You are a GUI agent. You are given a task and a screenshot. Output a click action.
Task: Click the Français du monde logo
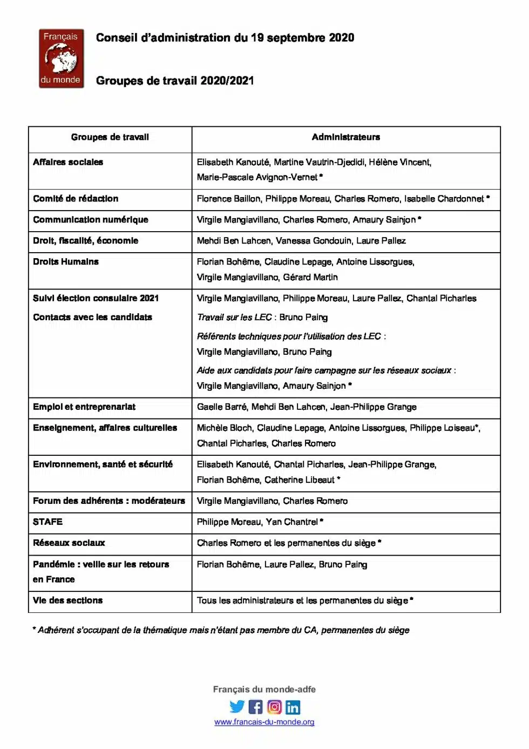pos(61,58)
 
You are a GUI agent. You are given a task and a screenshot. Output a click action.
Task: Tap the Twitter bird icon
pos(237,706)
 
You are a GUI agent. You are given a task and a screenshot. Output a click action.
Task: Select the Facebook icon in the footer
pos(256,706)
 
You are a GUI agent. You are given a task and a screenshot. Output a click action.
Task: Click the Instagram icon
pos(274,706)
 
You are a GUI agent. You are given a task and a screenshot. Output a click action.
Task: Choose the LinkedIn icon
pos(293,707)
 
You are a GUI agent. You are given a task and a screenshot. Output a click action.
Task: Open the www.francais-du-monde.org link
pos(264,722)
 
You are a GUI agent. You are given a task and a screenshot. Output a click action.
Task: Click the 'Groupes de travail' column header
pos(110,137)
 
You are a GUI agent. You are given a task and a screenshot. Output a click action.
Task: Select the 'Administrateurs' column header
pos(345,137)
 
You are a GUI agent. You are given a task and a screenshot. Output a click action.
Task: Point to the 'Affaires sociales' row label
pos(68,162)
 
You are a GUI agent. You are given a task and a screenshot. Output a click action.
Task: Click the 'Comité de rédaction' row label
pos(76,199)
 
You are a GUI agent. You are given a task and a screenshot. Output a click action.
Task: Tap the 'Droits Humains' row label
pos(66,262)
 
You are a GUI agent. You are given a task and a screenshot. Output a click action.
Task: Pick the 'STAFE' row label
pos(48,522)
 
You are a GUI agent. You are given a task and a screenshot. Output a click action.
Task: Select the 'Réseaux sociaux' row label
pos(69,543)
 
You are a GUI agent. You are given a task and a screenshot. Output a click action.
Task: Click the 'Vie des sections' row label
pos(67,600)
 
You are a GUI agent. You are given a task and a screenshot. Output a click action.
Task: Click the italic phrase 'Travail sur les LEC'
pos(234,317)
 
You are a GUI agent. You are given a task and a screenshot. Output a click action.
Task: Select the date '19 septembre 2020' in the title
pos(302,38)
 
